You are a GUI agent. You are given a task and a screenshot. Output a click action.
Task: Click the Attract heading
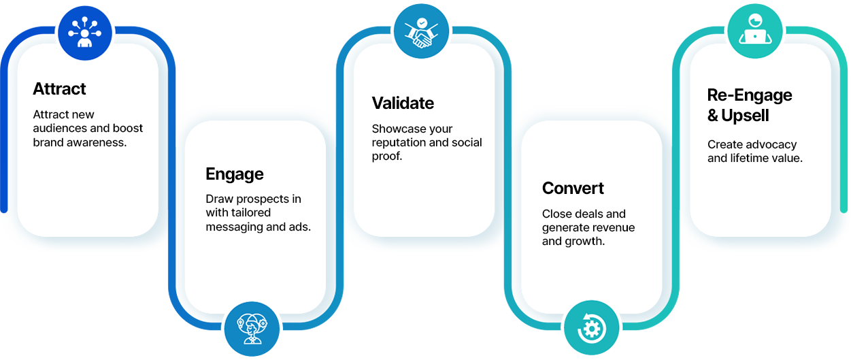[59, 89]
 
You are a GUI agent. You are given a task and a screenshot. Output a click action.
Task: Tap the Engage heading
[234, 175]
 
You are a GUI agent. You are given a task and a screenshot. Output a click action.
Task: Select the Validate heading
[403, 103]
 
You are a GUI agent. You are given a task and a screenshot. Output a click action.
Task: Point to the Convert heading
[573, 189]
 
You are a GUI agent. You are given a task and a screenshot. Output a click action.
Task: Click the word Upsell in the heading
[745, 116]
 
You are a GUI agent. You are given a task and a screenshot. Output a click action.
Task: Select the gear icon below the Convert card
[591, 329]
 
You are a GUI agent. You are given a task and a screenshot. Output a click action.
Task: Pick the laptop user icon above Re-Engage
[754, 31]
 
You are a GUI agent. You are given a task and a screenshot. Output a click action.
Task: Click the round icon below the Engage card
[251, 329]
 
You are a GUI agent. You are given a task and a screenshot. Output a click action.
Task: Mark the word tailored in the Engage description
[250, 213]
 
